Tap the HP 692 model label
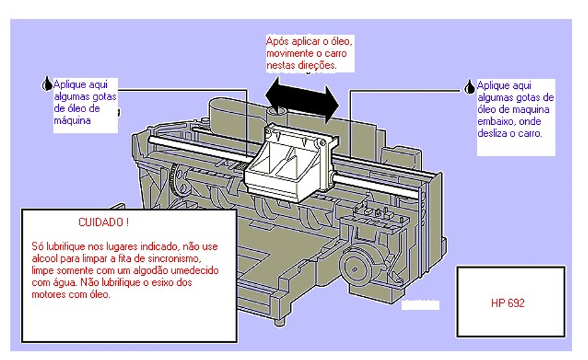tap(507, 303)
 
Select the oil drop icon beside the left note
tap(47, 83)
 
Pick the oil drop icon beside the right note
tap(469, 87)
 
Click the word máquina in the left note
tap(72, 121)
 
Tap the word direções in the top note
tap(317, 65)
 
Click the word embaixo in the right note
tap(495, 122)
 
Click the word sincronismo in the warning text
tap(174, 258)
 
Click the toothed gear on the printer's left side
tap(174, 180)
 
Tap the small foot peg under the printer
tap(279, 322)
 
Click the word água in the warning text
tap(66, 283)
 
